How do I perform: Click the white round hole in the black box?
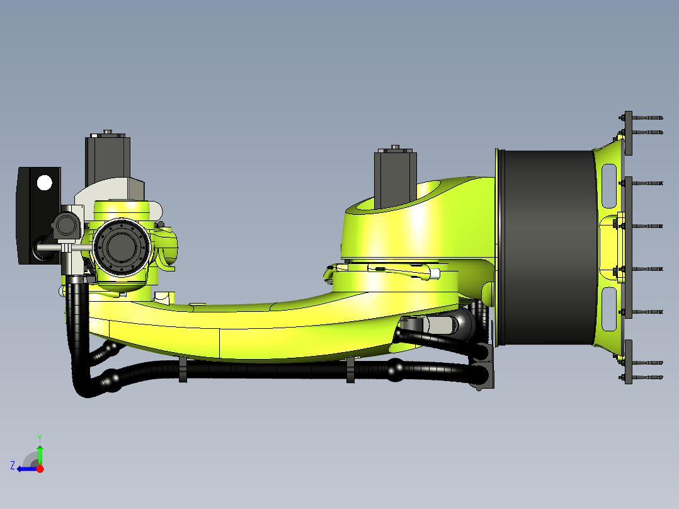tap(44, 183)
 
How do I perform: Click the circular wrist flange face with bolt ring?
tap(120, 248)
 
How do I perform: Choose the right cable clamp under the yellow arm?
tap(350, 370)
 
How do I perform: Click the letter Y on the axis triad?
tap(39, 437)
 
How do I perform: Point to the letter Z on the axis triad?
tap(13, 466)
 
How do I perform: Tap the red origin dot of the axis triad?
tap(40, 469)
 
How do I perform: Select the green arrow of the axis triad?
tap(40, 454)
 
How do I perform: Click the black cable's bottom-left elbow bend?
tap(85, 387)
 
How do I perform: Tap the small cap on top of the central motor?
tap(395, 147)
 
